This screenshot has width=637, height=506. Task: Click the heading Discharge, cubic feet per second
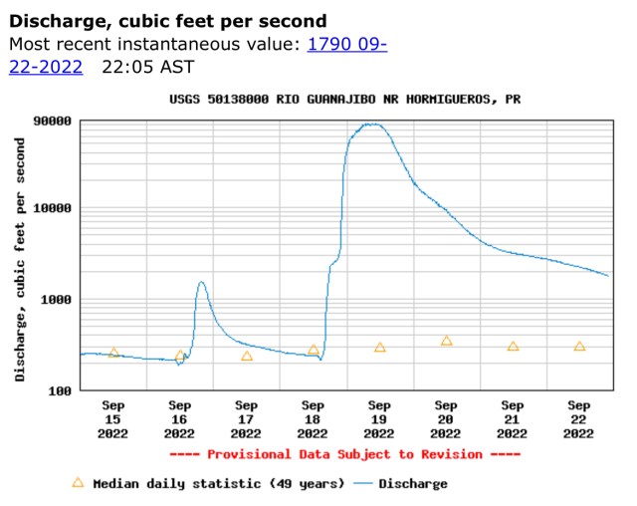167,21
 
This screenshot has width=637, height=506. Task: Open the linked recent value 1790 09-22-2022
348,45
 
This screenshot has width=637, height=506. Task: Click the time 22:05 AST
148,67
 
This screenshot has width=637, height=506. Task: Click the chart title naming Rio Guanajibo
344,100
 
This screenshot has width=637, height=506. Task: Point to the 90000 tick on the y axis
52,122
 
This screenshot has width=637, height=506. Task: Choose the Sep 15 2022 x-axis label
113,419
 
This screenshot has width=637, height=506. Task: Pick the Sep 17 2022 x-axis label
246,419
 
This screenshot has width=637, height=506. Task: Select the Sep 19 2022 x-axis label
379,419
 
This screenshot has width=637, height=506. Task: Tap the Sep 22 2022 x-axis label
579,419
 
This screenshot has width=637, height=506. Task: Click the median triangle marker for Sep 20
446,341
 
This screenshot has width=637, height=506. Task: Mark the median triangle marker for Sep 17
246,356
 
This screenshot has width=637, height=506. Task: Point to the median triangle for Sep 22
579,346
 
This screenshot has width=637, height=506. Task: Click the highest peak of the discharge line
372,125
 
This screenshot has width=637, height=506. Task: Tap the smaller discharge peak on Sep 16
201,282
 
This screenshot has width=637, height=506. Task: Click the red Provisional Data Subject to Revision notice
345,454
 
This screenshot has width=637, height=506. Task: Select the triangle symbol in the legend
78,483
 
